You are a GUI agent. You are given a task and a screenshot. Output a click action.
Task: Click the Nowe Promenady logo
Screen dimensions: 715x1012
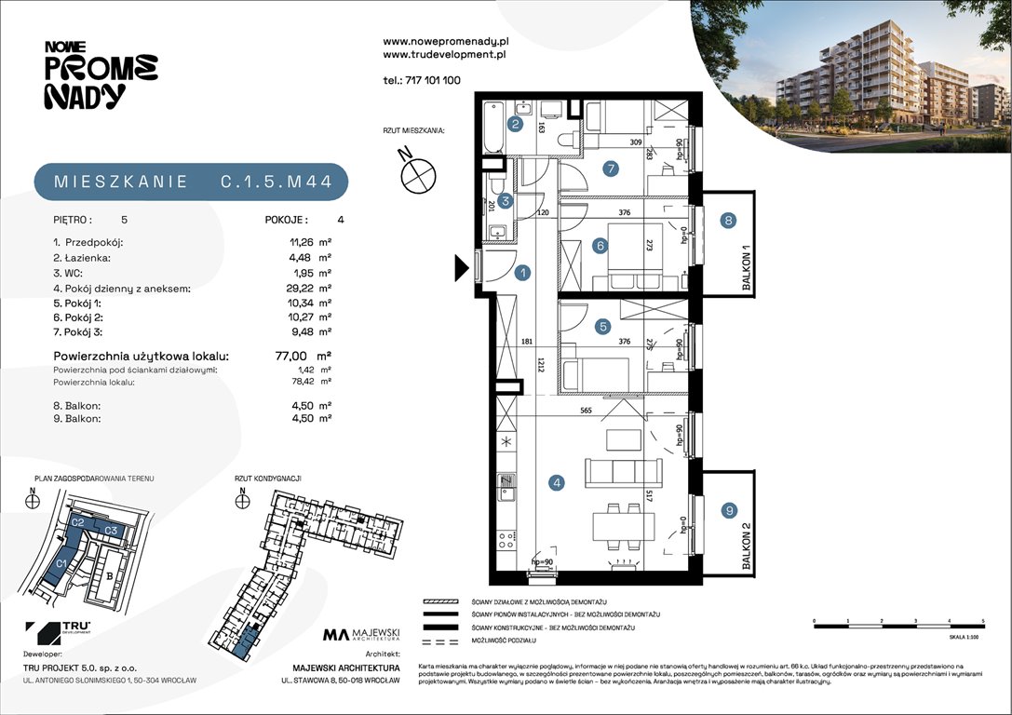click(x=100, y=74)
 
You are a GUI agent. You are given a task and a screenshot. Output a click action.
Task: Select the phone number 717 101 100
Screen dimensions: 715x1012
click(x=422, y=81)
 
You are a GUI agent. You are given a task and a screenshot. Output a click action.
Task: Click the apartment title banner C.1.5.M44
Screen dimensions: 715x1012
click(x=191, y=182)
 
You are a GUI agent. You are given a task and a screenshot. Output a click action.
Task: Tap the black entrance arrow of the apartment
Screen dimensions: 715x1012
click(x=461, y=269)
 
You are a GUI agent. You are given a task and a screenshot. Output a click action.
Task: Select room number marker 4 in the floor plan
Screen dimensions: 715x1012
click(x=557, y=482)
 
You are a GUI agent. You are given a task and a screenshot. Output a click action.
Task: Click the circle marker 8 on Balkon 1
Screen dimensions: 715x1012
click(x=729, y=221)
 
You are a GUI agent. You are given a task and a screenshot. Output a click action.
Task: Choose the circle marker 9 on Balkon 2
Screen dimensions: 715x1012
click(x=729, y=509)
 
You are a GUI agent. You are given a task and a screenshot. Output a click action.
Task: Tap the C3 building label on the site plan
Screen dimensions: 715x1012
click(x=110, y=530)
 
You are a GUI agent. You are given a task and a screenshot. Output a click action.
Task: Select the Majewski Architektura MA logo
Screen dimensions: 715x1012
click(x=361, y=635)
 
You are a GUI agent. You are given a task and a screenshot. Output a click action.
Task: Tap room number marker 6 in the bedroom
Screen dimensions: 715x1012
click(x=601, y=246)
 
